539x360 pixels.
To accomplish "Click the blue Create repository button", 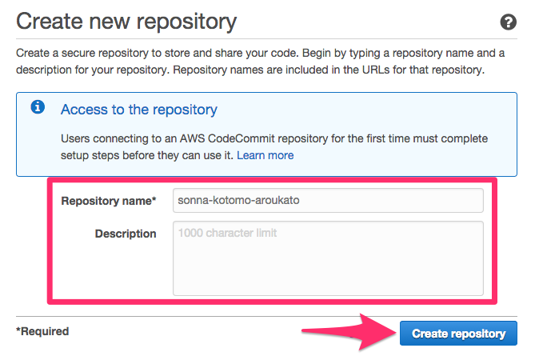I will pyautogui.click(x=458, y=334).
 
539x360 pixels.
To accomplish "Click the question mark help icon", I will pyautogui.click(x=508, y=22).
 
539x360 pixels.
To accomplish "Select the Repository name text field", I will pyautogui.click(x=328, y=200).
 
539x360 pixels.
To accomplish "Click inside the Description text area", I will pyautogui.click(x=328, y=258).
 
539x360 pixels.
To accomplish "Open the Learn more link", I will pyautogui.click(x=265, y=155).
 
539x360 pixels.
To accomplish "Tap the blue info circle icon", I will pyautogui.click(x=38, y=108).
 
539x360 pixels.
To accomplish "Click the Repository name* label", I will pyautogui.click(x=109, y=201).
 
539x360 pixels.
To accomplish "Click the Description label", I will pyautogui.click(x=126, y=234).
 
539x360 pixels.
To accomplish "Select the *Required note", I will pyautogui.click(x=42, y=331).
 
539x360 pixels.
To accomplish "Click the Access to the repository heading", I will pyautogui.click(x=139, y=109).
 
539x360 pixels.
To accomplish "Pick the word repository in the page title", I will pyautogui.click(x=184, y=22).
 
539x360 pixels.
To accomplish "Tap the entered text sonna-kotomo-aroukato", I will pyautogui.click(x=229, y=201).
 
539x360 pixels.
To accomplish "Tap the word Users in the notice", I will pyautogui.click(x=77, y=138).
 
